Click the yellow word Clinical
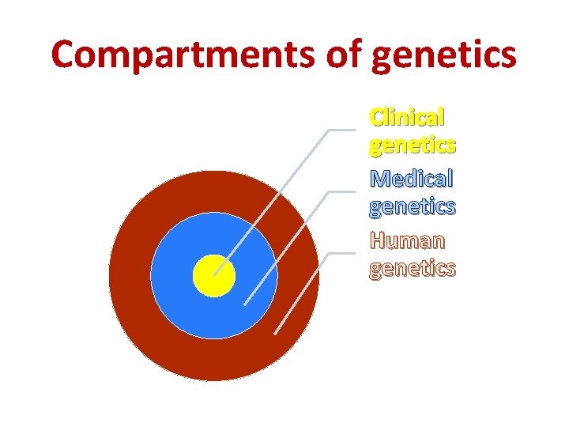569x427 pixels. coord(407,118)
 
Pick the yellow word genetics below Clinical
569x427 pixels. coord(412,146)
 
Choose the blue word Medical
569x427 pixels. coord(411,178)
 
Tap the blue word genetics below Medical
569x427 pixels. coord(412,207)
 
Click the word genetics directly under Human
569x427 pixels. coord(412,269)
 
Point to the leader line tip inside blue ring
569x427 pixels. coord(244,304)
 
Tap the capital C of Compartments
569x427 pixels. coord(68,55)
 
